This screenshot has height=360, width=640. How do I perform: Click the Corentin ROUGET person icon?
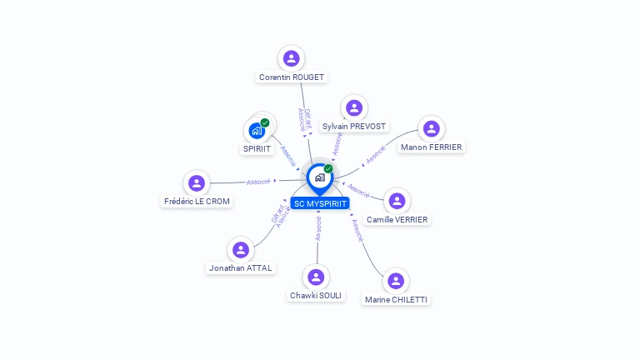tap(291, 58)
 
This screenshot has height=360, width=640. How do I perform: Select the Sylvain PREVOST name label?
tap(354, 127)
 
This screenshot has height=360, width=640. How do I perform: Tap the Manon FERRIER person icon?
tap(431, 128)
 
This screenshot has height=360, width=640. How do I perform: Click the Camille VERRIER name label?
tap(397, 220)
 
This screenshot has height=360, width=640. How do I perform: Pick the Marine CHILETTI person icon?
tap(396, 281)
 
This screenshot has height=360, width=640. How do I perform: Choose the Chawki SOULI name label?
tap(316, 296)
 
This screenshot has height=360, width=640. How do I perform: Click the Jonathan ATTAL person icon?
tap(241, 250)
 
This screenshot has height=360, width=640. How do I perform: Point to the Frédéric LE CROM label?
tap(197, 202)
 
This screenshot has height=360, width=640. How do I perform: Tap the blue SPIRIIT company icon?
tap(257, 131)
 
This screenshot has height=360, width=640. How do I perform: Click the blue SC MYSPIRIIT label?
tap(320, 203)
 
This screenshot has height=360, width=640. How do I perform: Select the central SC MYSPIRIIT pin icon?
tap(319, 177)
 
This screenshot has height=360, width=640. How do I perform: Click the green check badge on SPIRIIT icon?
tap(265, 122)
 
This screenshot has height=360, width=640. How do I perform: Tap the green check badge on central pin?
tap(328, 168)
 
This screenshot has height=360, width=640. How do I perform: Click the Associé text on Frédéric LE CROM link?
tap(258, 182)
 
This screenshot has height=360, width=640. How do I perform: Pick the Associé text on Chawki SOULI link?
tap(318, 229)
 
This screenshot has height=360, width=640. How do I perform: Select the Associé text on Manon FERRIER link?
tap(376, 154)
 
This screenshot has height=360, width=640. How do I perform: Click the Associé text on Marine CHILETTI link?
tap(357, 231)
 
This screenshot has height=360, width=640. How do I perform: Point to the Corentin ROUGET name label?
tap(292, 77)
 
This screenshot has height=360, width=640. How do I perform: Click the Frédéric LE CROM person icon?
tap(197, 183)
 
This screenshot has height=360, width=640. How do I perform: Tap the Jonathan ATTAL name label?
tap(241, 268)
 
